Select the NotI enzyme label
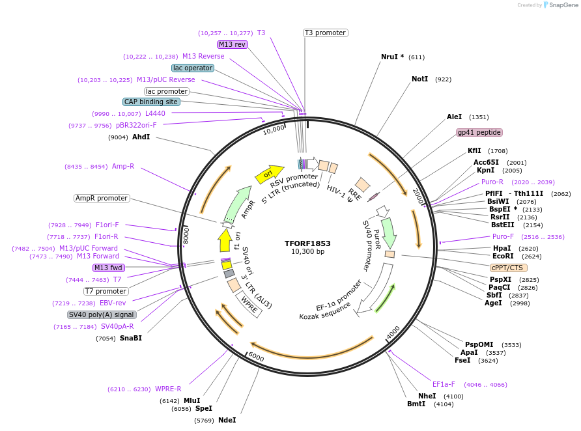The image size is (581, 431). (420, 79)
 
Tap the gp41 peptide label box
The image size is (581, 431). (479, 132)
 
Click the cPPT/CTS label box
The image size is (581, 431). (509, 268)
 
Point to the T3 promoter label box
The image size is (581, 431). (325, 33)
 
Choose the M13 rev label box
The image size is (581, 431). (233, 44)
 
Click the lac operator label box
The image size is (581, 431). (193, 68)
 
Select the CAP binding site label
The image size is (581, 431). (151, 102)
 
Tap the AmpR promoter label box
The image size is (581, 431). (102, 198)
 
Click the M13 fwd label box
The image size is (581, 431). (109, 268)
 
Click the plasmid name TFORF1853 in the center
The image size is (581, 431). (307, 243)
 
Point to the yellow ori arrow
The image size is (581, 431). (268, 173)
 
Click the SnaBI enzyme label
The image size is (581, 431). (130, 338)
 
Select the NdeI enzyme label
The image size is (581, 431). (227, 420)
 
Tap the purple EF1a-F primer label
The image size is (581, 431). (444, 384)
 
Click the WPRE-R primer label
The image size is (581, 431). (168, 389)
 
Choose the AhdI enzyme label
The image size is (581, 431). (141, 137)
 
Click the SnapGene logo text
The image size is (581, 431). (563, 5)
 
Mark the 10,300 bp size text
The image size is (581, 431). (307, 252)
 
